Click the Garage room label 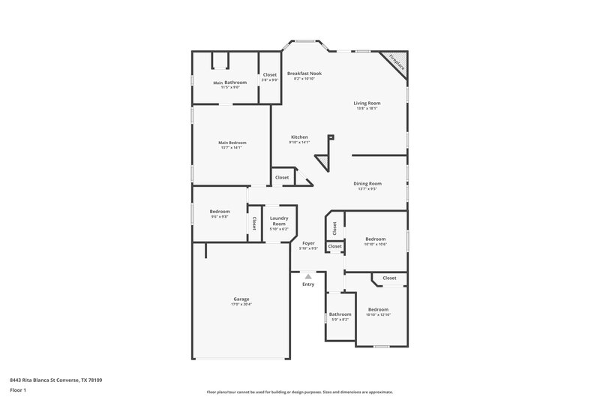pos(241,299)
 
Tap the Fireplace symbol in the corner pos(395,63)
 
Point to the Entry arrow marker pos(308,276)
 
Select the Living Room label pos(367,103)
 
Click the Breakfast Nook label pos(304,74)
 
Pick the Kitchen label pos(299,137)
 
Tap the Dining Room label pos(367,183)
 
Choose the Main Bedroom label pos(232,143)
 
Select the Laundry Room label pos(279,221)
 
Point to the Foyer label pos(308,243)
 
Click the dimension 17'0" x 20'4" pos(241,305)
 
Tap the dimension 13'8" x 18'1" pos(367,108)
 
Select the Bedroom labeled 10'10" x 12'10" pos(378,309)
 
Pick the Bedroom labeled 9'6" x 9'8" pos(220,212)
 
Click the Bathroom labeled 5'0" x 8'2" pos(340,314)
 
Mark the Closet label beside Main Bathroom pos(270,74)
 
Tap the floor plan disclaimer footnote pos(300,392)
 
